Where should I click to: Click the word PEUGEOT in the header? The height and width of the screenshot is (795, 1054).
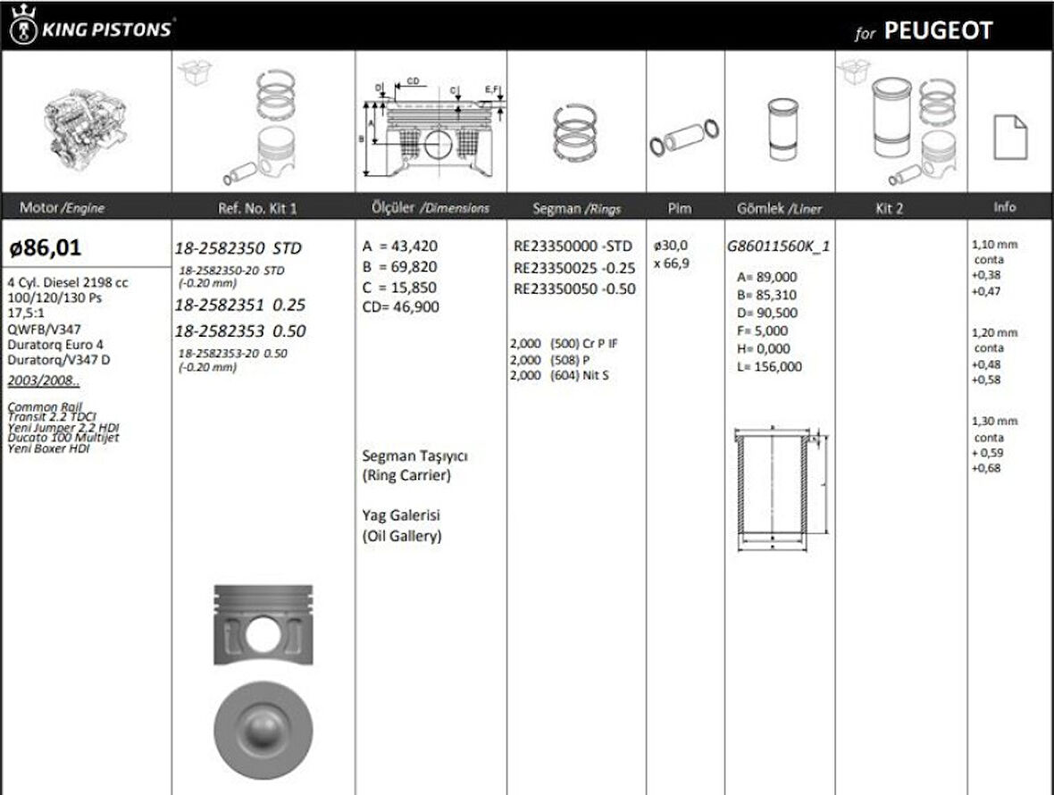coord(938,31)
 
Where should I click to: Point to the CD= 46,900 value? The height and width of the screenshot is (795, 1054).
coord(401,306)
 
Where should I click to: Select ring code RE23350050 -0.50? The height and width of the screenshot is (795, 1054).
coord(574,289)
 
